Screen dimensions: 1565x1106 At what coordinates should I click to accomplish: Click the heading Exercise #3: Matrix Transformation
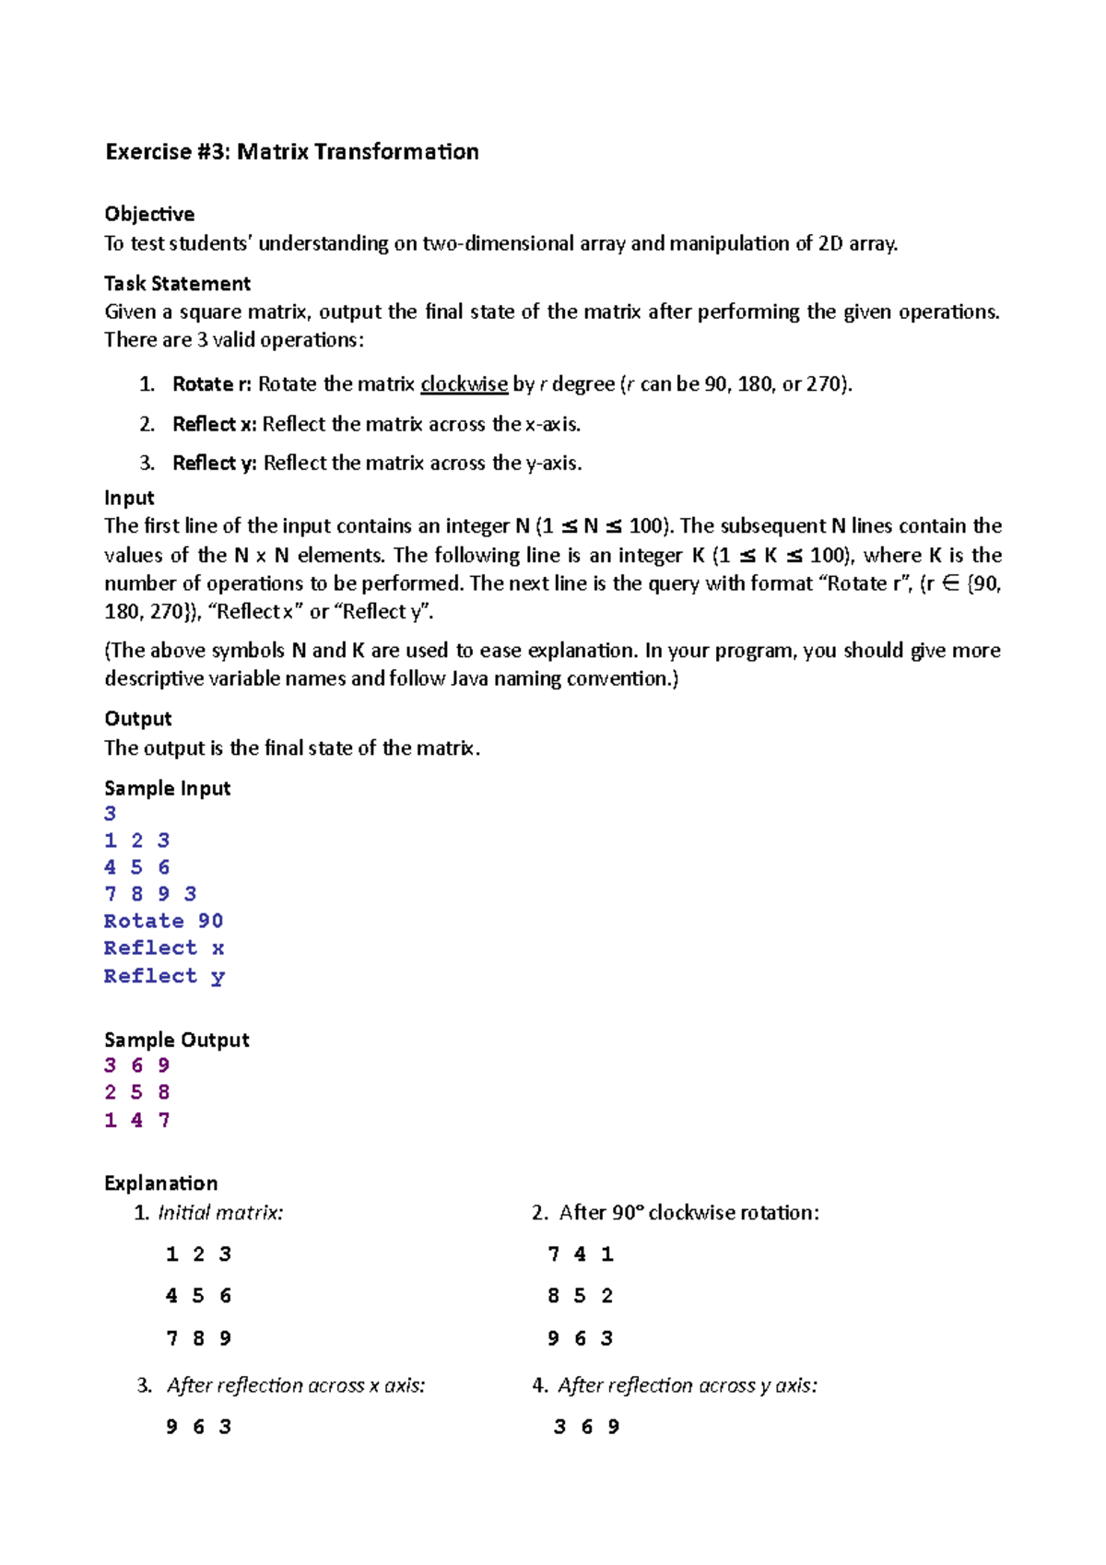(292, 152)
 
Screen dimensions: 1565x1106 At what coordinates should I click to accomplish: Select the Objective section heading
(149, 214)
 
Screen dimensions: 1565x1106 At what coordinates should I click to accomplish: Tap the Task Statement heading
(177, 283)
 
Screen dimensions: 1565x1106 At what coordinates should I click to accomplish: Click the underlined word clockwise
(464, 384)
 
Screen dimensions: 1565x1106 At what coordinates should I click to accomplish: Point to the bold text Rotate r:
(211, 384)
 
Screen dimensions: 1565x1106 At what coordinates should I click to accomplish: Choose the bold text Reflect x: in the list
(214, 424)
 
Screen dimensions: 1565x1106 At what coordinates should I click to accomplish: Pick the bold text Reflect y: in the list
(214, 463)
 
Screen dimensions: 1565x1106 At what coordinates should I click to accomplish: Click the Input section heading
(129, 498)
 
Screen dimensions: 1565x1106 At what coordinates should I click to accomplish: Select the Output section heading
(138, 719)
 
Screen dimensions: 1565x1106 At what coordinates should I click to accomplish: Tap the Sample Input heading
(167, 788)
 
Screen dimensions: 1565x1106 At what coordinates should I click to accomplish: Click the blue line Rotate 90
(163, 921)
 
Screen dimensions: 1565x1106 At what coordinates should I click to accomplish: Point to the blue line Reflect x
(163, 947)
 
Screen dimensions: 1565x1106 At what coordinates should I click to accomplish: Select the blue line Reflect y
(163, 975)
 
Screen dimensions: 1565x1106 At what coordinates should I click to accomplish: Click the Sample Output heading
(177, 1040)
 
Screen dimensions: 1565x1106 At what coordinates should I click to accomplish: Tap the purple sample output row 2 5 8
(137, 1092)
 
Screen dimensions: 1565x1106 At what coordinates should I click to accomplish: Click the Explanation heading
(161, 1183)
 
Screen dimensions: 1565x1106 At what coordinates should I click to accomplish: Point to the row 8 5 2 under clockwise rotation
(580, 1296)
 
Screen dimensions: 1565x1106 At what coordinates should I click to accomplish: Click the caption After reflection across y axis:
(687, 1385)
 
